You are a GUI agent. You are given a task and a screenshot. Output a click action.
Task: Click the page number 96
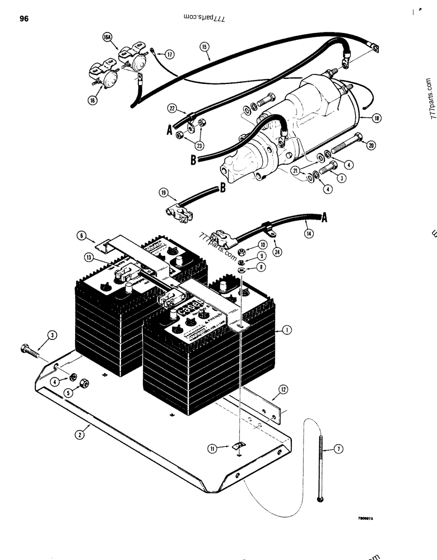(24, 19)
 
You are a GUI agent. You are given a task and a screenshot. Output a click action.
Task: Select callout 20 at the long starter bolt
(370, 144)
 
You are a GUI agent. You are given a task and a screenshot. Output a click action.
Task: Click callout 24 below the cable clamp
(276, 253)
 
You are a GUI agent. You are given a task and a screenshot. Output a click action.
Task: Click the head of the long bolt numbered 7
(320, 498)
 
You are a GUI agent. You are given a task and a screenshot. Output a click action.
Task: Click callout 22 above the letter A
(173, 107)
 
